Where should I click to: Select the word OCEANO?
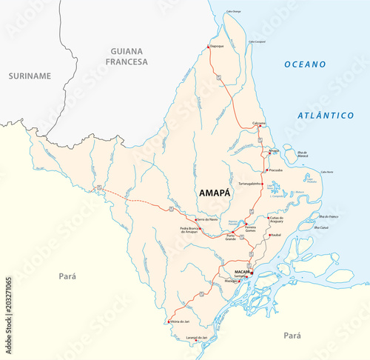click(x=306, y=64)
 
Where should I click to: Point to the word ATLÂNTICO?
click(x=326, y=116)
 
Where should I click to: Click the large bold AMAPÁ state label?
click(x=215, y=192)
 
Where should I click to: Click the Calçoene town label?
click(x=259, y=121)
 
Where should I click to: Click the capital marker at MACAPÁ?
click(x=251, y=273)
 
